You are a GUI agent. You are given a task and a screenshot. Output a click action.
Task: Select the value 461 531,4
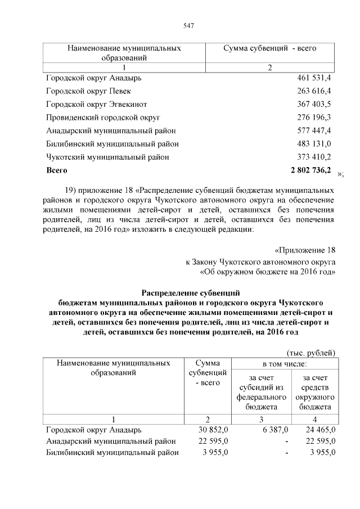[x=313, y=77]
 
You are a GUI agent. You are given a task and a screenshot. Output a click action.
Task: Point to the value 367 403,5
[x=313, y=104]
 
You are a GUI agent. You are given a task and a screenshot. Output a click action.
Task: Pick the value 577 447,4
[x=313, y=130]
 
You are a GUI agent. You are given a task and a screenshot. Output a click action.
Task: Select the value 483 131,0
[x=313, y=144]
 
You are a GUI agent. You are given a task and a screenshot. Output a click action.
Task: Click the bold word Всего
[x=57, y=170]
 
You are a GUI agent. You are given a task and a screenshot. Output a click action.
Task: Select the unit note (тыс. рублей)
[x=311, y=352]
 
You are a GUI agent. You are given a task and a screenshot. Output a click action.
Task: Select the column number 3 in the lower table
[x=261, y=419]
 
